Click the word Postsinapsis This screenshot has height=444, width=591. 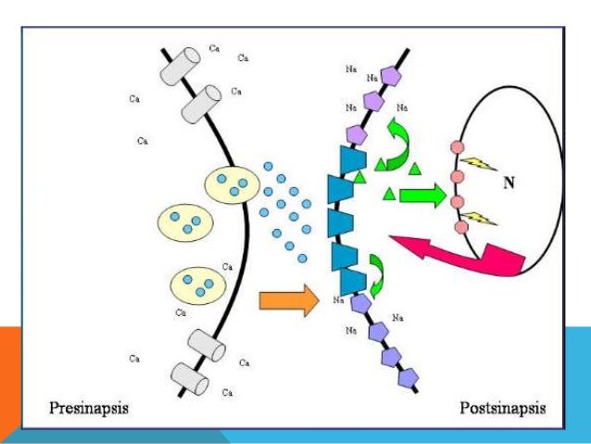[x=501, y=408]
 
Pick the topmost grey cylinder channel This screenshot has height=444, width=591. [x=181, y=63]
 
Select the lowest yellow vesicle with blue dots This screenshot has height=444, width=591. [x=196, y=283]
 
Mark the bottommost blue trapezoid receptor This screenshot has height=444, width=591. [x=351, y=279]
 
